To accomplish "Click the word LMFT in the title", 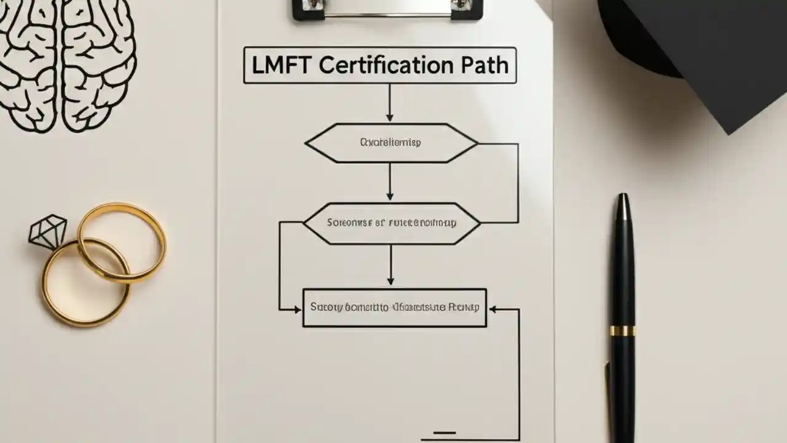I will pos(280,65).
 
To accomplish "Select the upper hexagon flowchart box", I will pos(391,143).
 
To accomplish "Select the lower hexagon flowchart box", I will pos(391,223).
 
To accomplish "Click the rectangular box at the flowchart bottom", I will pos(394,307).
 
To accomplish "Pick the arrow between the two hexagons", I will pos(390,182).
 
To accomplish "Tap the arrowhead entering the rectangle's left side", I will pos(298,309).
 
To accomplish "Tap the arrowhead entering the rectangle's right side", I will pos(492,309).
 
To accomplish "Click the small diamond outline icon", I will pos(48,231).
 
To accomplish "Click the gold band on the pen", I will pos(623,330).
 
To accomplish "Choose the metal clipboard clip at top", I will pos(387,9).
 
